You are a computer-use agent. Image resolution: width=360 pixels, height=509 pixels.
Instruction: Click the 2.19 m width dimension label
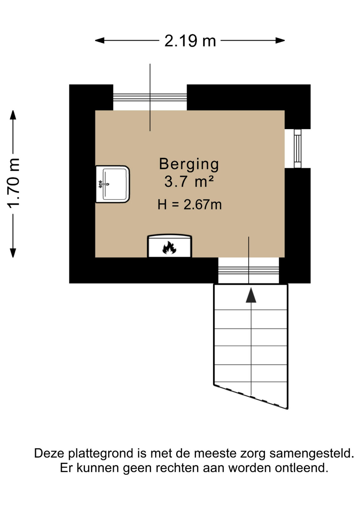pos(190,41)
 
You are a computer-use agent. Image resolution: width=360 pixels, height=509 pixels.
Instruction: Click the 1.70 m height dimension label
pos(13,183)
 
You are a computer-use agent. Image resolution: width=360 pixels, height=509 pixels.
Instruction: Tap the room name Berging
pos(189,164)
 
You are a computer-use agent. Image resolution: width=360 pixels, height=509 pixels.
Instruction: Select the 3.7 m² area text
pos(189,182)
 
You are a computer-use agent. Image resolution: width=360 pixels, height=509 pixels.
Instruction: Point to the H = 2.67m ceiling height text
pos(190,205)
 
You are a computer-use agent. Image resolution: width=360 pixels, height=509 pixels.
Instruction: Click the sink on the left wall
pos(113,184)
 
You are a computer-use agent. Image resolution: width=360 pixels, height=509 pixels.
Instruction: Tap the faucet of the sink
pos(103,184)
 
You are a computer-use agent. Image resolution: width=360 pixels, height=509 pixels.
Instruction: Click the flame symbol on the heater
pos(169,248)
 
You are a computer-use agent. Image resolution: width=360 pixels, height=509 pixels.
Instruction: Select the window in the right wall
pos(297,148)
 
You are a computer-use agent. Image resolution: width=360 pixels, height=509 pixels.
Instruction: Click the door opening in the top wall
pos(150,97)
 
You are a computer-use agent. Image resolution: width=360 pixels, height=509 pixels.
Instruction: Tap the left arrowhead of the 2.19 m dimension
pos(100,41)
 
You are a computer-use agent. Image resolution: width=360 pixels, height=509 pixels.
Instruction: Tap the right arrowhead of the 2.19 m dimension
pos(280,41)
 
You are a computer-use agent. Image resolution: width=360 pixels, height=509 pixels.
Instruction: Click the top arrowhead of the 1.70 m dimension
pos(13,115)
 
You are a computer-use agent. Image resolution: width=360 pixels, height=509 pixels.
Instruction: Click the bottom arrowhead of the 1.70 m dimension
pos(13,253)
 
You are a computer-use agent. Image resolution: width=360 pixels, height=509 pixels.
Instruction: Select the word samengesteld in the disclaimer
pos(312,454)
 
